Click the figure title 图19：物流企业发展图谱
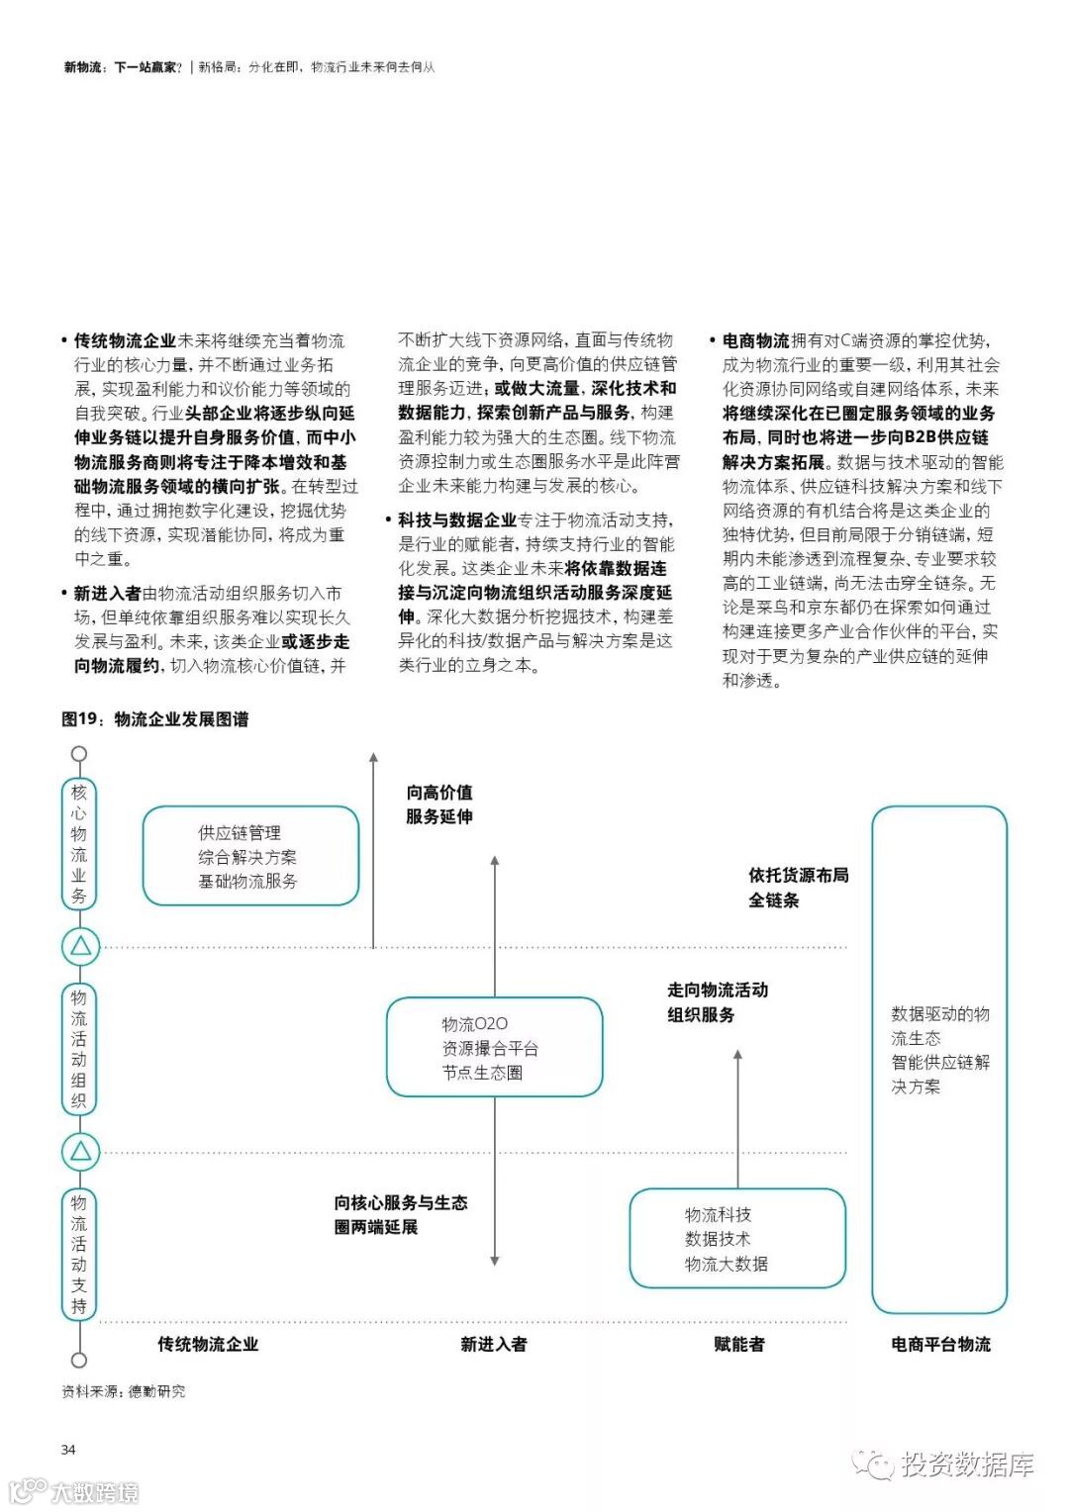point(154,719)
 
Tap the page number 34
point(68,1450)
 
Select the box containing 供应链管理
point(250,856)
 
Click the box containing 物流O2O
point(494,1047)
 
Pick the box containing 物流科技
point(737,1239)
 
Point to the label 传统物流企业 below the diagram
point(208,1344)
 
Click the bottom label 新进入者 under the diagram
point(494,1344)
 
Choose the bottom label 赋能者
point(738,1344)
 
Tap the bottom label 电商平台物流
point(940,1344)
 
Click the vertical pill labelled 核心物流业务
point(79,844)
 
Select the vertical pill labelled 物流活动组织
point(79,1048)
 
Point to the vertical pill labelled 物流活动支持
point(79,1254)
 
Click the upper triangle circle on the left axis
point(80,946)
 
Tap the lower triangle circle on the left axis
point(80,1151)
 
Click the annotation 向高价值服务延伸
point(439,804)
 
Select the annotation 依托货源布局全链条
point(798,888)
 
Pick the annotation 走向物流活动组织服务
point(717,1001)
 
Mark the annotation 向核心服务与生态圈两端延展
point(400,1214)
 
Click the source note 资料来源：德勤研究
point(123,1391)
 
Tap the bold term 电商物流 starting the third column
point(755,340)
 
